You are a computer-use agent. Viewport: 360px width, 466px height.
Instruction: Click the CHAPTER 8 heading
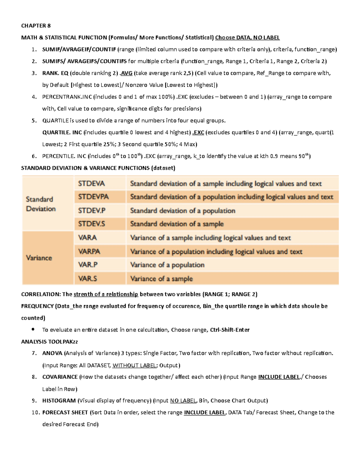coord(34,26)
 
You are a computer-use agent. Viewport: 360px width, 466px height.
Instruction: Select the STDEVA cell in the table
coord(91,184)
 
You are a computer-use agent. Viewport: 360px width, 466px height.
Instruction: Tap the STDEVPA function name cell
coord(93,197)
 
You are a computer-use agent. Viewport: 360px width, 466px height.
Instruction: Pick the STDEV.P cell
coord(91,211)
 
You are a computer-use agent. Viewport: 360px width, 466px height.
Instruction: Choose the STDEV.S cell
coord(91,224)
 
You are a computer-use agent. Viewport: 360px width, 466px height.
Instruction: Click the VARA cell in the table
coord(87,238)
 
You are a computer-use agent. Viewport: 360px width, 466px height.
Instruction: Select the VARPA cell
coord(89,251)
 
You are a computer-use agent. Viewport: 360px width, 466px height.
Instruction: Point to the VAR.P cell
coord(88,265)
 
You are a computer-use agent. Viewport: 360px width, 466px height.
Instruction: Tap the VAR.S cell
coord(87,278)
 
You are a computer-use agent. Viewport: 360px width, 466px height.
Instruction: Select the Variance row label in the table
coord(39,258)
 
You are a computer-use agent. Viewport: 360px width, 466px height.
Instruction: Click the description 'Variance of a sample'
coord(161,279)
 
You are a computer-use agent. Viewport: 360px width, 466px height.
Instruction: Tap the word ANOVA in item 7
coord(52,353)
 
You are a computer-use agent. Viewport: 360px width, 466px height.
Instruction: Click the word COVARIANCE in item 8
coord(60,377)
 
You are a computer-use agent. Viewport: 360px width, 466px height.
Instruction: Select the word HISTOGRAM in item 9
coord(59,401)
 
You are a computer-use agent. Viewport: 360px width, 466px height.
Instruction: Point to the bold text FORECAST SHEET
coord(65,413)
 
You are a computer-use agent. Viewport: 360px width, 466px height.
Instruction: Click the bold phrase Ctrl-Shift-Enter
coord(229,330)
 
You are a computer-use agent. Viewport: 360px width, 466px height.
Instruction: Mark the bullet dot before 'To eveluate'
coord(33,329)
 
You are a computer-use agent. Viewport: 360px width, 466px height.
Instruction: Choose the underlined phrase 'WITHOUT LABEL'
coord(134,365)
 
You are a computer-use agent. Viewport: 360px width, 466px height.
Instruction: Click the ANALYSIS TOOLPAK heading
coord(49,341)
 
